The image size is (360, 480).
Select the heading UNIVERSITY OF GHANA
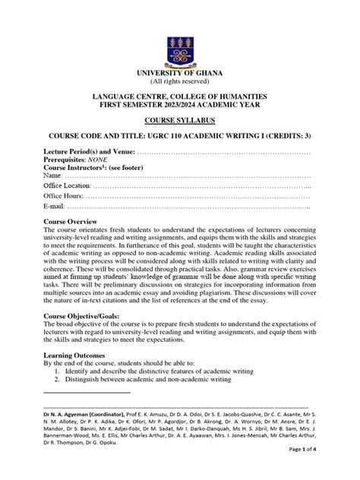tap(179, 73)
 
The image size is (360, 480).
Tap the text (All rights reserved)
tap(179, 81)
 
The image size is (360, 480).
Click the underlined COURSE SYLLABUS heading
tap(179, 121)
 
